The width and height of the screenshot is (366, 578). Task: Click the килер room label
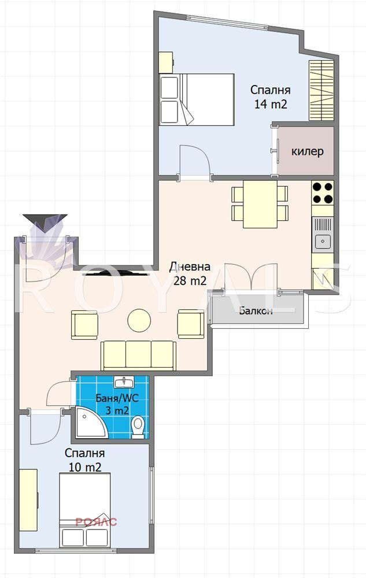pyautogui.click(x=308, y=151)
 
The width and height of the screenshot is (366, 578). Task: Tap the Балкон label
pyautogui.click(x=256, y=311)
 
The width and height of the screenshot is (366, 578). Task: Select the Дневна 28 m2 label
pyautogui.click(x=190, y=273)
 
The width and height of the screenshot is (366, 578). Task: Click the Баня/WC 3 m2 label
pyautogui.click(x=117, y=404)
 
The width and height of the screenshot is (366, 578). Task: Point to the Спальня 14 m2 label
pyautogui.click(x=271, y=97)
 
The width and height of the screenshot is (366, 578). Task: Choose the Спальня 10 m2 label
pyautogui.click(x=85, y=460)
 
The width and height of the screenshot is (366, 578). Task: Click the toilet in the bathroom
pyautogui.click(x=138, y=427)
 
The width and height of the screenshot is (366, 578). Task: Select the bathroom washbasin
pyautogui.click(x=124, y=382)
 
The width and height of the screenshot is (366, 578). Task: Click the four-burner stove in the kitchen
pyautogui.click(x=323, y=193)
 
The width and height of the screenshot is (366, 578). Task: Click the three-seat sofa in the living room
pyautogui.click(x=139, y=355)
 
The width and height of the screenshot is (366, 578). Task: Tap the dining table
pyautogui.click(x=260, y=204)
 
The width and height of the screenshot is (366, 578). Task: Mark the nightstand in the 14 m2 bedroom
pyautogui.click(x=166, y=62)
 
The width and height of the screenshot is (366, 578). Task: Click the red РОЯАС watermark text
pyautogui.click(x=96, y=522)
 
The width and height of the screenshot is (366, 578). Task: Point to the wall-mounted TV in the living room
pyautogui.click(x=112, y=273)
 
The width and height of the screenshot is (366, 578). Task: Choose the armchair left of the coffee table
pyautogui.click(x=84, y=324)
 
